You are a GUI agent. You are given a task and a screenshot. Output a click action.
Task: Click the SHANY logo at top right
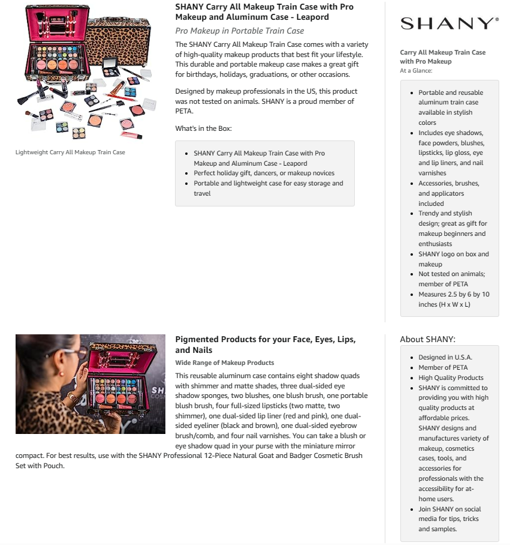tap(449, 23)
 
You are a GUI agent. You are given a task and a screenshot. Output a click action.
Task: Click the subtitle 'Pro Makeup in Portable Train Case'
tap(239, 31)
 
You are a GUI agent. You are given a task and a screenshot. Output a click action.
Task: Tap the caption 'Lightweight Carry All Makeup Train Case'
tap(70, 152)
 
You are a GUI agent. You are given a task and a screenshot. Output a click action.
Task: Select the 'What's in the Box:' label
tap(203, 128)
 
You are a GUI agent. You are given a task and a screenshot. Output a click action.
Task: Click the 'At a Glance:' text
tap(416, 70)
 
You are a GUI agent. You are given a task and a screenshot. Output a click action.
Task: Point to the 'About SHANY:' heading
tap(427, 339)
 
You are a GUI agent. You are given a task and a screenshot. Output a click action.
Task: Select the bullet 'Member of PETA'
tap(443, 367)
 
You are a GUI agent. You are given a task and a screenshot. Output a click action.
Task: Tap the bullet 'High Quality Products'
tap(451, 378)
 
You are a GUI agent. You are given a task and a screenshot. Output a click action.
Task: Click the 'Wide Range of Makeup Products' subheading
tap(224, 363)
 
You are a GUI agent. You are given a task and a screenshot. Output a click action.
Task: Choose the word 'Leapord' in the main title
tap(313, 17)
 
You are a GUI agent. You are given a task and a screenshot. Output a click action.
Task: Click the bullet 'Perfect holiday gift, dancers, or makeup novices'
tap(263, 173)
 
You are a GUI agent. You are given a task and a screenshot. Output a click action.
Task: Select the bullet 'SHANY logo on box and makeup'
tap(453, 259)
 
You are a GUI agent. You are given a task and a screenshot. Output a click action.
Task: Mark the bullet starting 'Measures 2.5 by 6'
tap(453, 299)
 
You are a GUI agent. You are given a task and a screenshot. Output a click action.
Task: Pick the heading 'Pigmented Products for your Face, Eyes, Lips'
tap(265, 340)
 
